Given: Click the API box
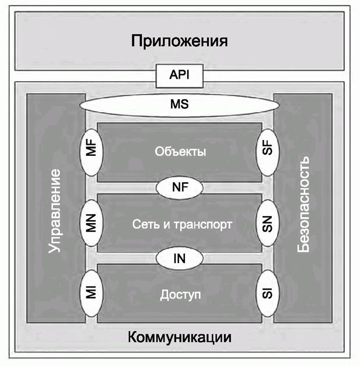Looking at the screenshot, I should (x=179, y=75).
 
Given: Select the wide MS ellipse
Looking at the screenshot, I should (x=179, y=106).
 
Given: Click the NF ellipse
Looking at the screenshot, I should (x=179, y=188).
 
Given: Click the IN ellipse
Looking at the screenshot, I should (x=179, y=257).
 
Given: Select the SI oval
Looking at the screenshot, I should (x=268, y=291).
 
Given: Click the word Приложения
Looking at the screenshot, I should (x=179, y=41).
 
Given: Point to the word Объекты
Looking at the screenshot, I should (x=180, y=152).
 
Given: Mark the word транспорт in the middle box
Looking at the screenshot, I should (x=201, y=225).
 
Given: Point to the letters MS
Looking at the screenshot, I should (x=179, y=106).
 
